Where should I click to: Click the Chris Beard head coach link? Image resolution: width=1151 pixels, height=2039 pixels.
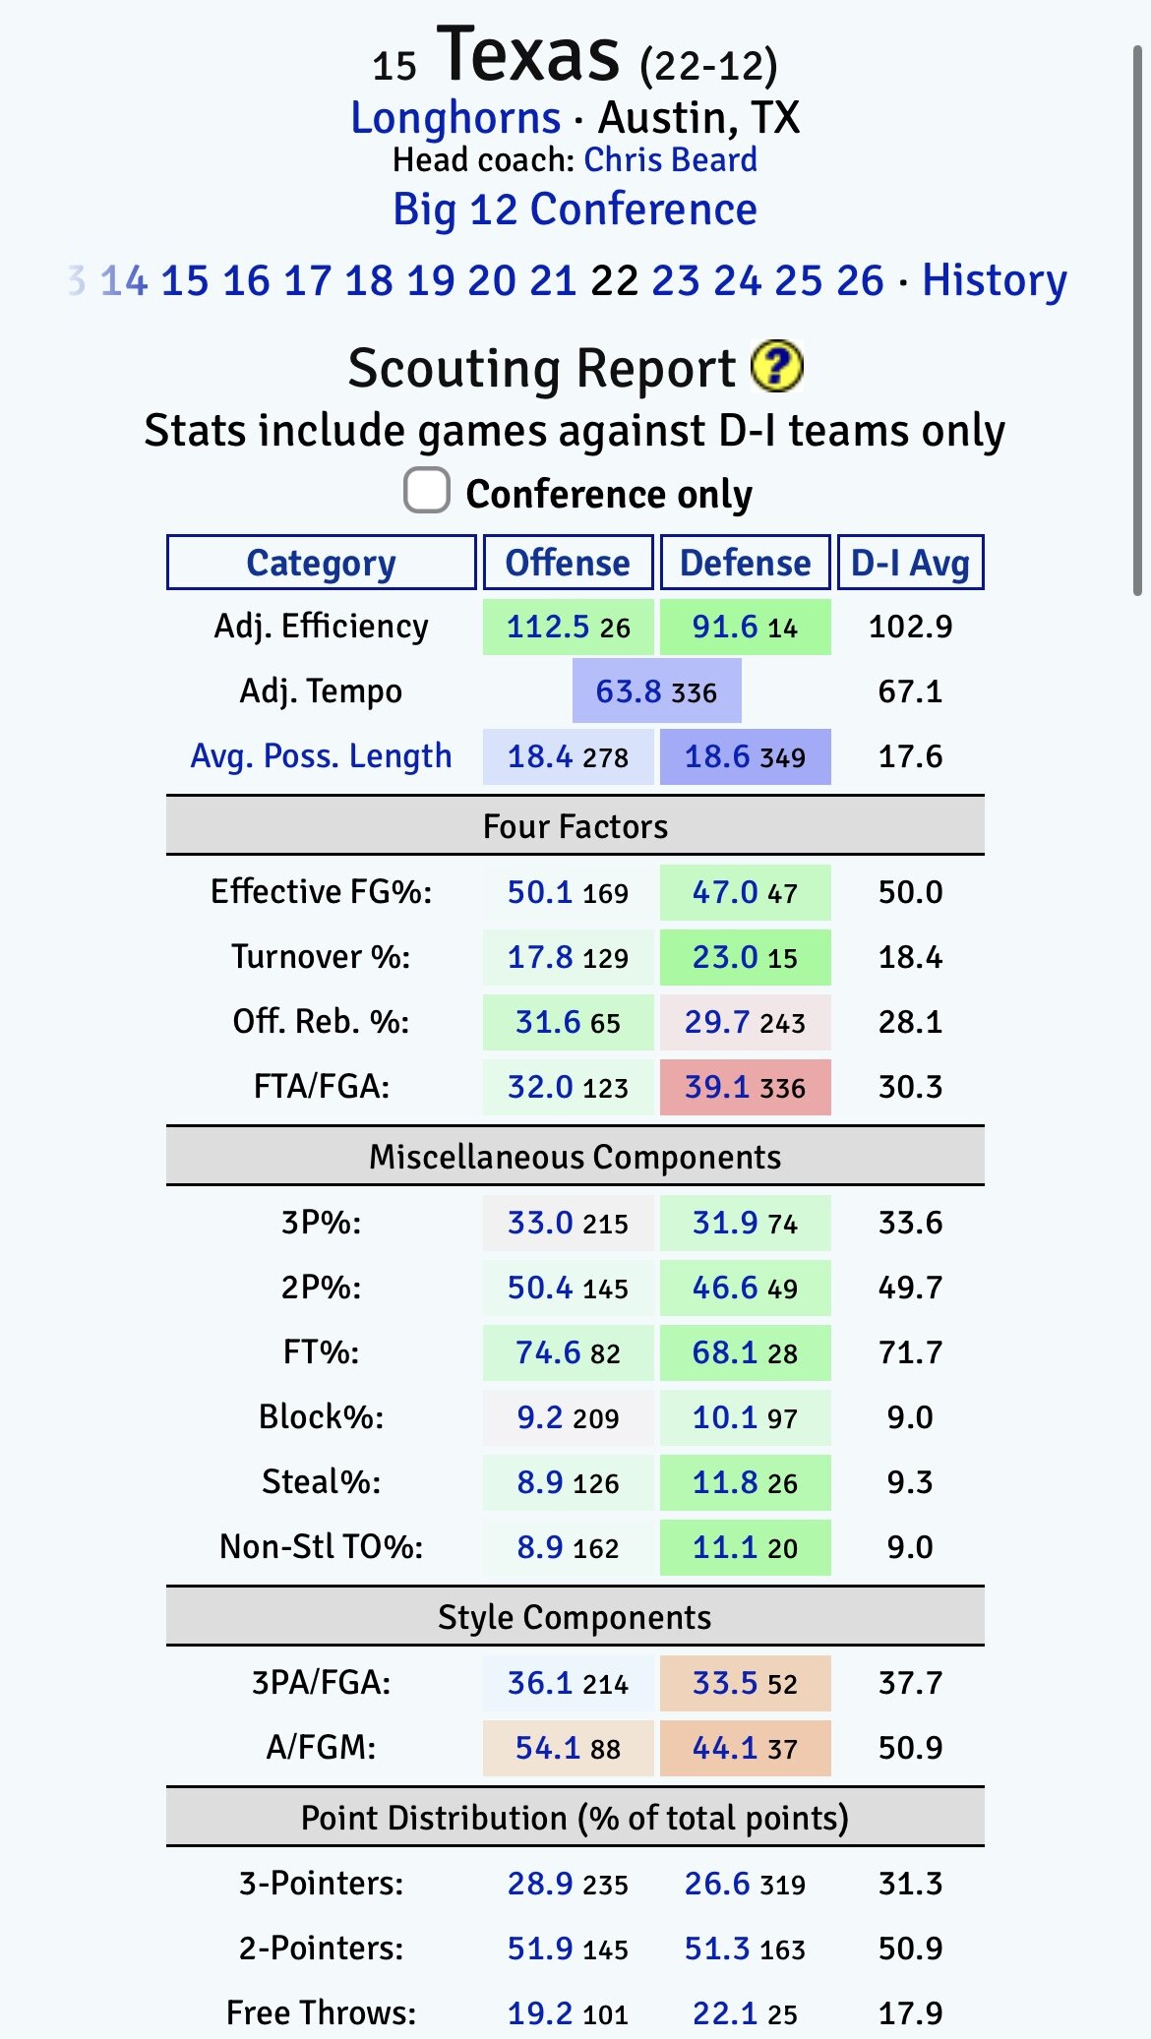670,159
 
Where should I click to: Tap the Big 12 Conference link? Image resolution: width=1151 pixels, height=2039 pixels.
575,210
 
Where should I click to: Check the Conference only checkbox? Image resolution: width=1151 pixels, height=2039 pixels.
427,490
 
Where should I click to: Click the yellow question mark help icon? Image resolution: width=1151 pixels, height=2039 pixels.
776,366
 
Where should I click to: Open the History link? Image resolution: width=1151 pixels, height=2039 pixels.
994,280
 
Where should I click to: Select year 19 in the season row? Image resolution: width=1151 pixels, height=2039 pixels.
430,280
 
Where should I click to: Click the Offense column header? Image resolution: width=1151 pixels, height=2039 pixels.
568,563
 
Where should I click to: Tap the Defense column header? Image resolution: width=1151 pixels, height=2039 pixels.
745,563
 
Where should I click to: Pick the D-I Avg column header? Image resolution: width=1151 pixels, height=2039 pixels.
910,563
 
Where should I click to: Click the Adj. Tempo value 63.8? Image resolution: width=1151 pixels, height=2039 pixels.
629,691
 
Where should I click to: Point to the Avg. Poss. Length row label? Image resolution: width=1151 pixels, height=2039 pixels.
321,756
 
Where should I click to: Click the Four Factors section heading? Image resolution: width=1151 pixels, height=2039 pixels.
575,826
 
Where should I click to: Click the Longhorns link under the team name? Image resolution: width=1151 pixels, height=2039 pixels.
455,118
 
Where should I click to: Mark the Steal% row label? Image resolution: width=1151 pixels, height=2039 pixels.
321,1481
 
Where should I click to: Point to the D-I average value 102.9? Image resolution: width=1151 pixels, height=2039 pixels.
910,627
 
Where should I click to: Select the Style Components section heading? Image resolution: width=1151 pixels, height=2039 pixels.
575,1617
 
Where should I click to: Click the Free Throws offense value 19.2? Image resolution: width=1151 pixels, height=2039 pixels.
539,2013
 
